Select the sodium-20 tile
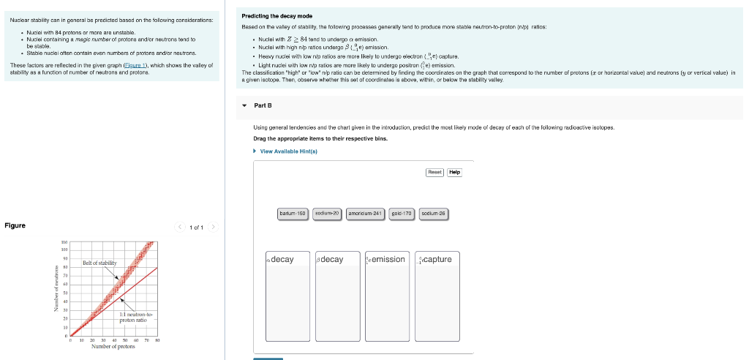click(x=328, y=214)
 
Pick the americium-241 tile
click(x=366, y=214)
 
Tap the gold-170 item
click(x=402, y=214)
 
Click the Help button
click(x=454, y=173)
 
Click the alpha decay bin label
click(x=280, y=260)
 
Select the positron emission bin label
click(x=385, y=260)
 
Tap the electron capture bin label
click(x=434, y=260)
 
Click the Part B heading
click(x=263, y=106)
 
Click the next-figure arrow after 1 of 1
click(x=214, y=228)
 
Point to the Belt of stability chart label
click(x=99, y=262)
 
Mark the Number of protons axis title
click(x=113, y=347)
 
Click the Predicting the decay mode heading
click(x=276, y=16)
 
